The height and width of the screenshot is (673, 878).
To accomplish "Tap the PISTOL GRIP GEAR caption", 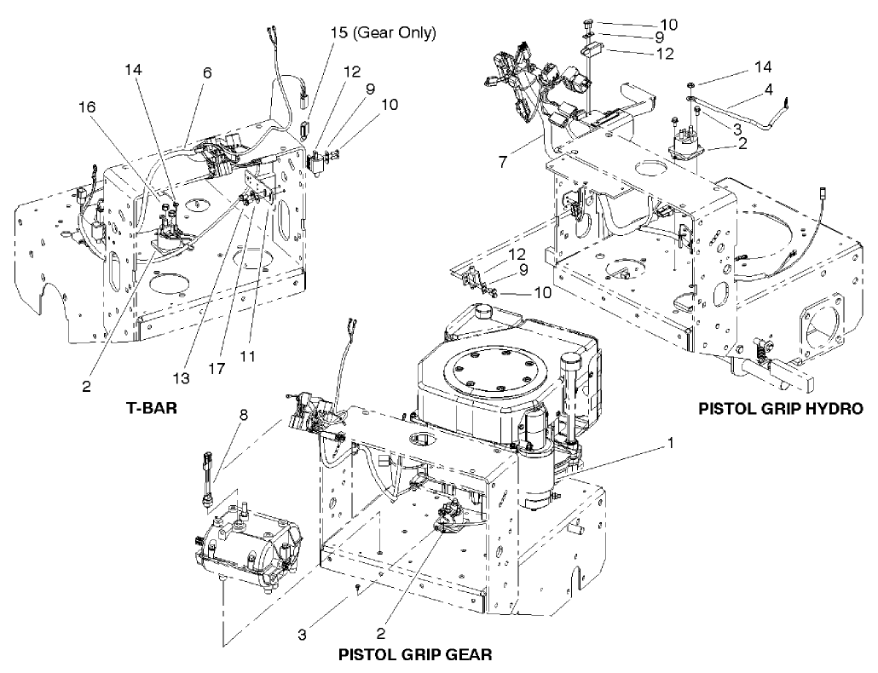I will (414, 655).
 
